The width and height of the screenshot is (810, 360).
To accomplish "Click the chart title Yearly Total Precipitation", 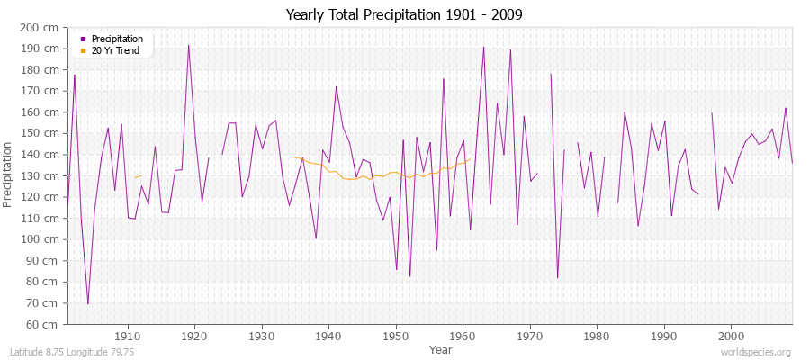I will pos(404,14).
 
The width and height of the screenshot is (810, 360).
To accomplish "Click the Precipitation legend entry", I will pos(117,40).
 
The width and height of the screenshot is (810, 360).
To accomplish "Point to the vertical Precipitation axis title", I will pos(9,175).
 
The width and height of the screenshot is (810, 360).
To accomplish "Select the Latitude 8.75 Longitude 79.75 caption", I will pos(72,352).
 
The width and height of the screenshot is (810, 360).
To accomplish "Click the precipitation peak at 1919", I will pos(188,45).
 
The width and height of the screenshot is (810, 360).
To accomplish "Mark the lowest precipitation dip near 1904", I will pos(87,304).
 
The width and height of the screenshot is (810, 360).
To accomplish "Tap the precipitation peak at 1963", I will pos(483,47).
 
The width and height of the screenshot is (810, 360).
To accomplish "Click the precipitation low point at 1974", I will pos(557,277).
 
